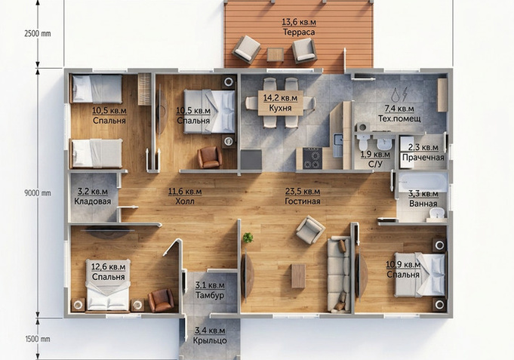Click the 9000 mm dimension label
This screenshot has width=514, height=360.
(38, 193)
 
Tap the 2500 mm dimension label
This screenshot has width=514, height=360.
(38, 34)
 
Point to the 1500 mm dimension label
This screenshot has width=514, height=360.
(38, 339)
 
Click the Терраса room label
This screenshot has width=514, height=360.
(299, 32)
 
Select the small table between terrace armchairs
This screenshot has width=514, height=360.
(275, 55)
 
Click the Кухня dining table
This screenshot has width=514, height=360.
(281, 103)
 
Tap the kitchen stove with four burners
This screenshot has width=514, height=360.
(312, 158)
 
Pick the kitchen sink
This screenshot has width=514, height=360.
(338, 145)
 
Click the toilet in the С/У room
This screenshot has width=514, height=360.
(363, 141)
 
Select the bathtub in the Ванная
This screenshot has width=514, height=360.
(423, 183)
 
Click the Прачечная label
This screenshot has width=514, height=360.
(423, 158)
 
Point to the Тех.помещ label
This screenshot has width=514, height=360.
(399, 118)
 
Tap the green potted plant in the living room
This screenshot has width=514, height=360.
(248, 238)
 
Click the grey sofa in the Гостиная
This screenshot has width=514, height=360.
(339, 274)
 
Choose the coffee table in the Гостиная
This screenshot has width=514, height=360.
(298, 276)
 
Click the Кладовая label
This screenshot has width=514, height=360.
(92, 202)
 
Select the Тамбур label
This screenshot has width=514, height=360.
(210, 295)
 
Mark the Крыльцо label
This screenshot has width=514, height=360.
(210, 340)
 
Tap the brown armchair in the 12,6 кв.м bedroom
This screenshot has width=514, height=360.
(161, 300)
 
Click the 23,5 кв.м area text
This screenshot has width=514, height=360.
(303, 191)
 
